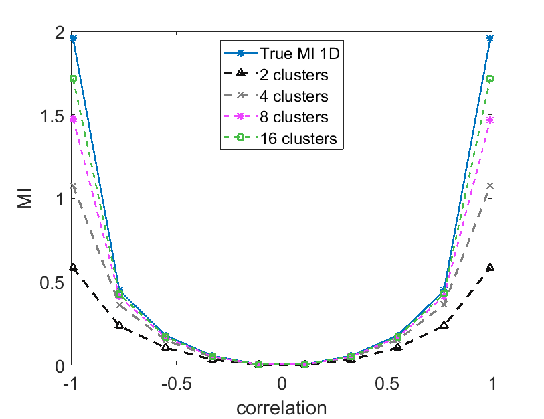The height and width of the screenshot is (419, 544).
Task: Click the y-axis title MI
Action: [25, 199]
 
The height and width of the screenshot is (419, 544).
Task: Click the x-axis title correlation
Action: [282, 407]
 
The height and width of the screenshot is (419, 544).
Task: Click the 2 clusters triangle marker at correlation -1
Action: [72, 268]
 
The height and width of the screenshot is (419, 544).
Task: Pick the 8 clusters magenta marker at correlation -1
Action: [72, 119]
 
